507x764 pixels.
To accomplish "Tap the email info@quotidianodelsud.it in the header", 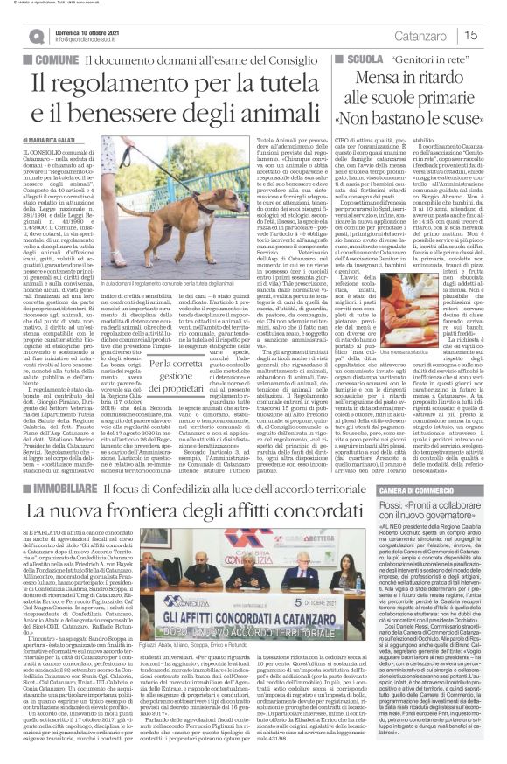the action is tap(88, 40).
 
